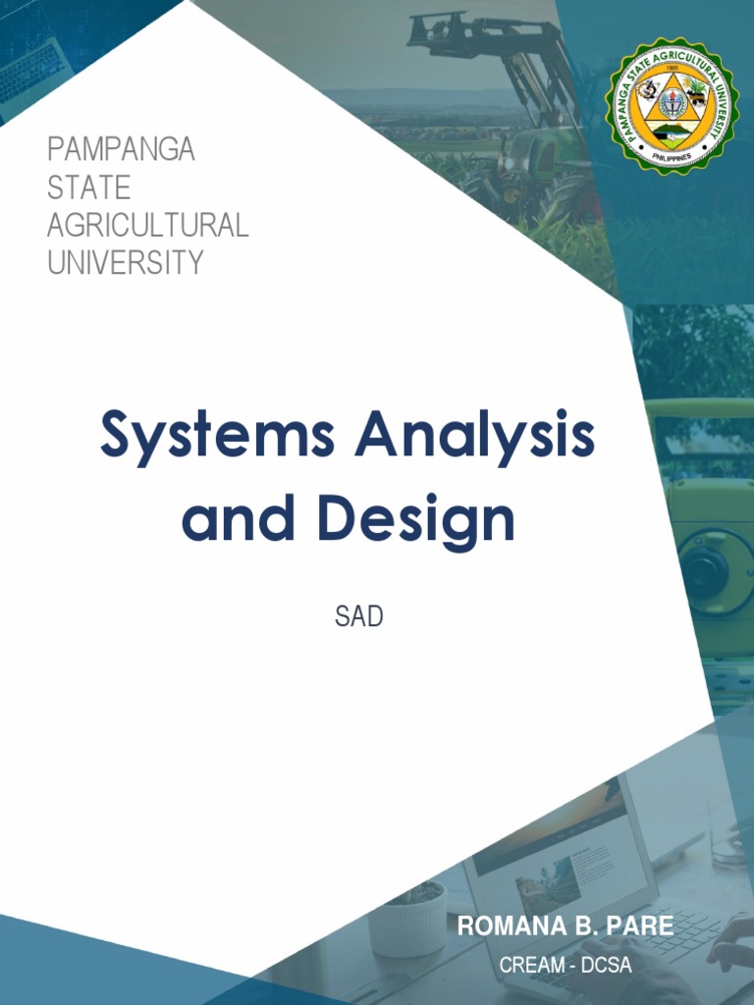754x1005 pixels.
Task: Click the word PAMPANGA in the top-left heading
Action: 121,150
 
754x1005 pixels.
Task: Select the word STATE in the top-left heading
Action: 88,187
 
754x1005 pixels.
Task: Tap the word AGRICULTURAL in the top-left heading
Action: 147,225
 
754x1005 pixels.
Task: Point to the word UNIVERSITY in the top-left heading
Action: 125,262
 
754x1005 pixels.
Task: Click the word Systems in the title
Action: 216,438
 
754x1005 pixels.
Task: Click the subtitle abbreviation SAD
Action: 358,618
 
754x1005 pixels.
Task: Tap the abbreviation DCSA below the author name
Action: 607,965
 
